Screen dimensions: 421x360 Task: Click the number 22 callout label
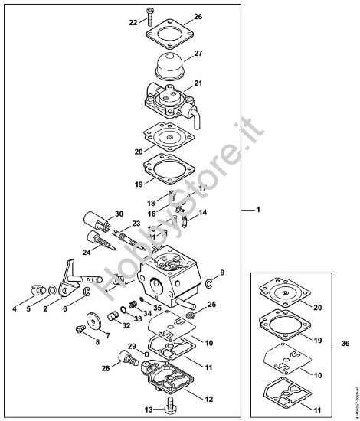click(x=133, y=23)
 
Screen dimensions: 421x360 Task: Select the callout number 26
click(x=198, y=17)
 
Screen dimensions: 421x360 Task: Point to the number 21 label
click(x=198, y=83)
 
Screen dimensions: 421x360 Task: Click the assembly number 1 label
click(x=258, y=209)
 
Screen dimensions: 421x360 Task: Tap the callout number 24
click(x=86, y=251)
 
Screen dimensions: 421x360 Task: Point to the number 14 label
click(x=204, y=212)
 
